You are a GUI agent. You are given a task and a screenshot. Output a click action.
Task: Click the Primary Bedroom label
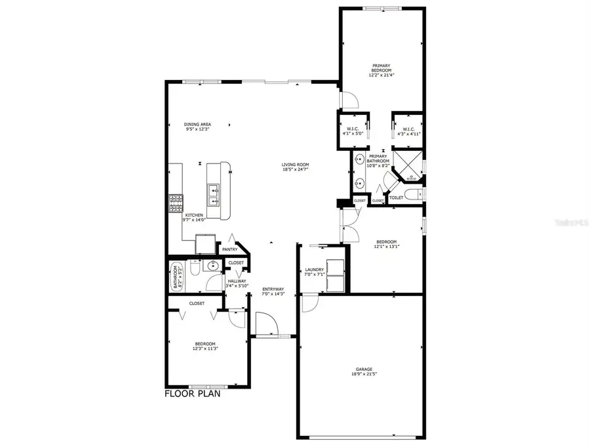tap(382, 68)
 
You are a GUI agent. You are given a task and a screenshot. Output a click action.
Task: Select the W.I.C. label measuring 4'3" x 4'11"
tap(407, 131)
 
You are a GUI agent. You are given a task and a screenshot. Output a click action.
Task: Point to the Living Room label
tap(295, 167)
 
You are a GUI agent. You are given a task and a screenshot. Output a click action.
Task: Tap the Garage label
tap(362, 372)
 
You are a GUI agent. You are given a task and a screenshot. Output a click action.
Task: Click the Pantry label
tap(229, 249)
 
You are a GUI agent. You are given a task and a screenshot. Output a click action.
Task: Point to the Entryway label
tap(273, 291)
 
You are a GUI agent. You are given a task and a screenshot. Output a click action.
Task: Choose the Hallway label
tap(237, 284)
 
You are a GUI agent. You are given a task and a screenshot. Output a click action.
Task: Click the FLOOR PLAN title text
tap(191, 394)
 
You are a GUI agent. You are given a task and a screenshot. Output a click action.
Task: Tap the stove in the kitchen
tap(176, 203)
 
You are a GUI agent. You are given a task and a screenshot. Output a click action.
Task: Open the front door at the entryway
tap(264, 325)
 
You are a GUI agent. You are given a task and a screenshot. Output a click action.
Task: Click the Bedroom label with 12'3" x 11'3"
tap(205, 346)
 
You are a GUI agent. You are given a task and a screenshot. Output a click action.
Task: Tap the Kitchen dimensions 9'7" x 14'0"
tap(194, 221)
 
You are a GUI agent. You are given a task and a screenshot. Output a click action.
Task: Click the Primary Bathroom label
tap(379, 161)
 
